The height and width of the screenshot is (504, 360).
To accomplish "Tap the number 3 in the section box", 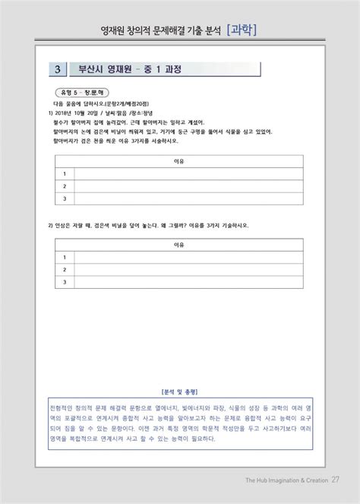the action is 58,69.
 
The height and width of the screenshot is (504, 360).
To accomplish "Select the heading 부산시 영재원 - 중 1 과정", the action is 130,69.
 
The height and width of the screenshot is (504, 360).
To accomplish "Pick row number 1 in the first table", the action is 65,174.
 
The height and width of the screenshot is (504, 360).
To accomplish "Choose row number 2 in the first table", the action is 65,186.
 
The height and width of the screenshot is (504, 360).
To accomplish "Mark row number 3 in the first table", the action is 65,199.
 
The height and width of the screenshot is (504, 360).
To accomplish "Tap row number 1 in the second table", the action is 65,258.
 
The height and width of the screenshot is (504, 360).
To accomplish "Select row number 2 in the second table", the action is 65,270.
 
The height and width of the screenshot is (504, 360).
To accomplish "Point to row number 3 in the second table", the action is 65,282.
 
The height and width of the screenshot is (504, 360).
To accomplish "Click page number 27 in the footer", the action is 335,478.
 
